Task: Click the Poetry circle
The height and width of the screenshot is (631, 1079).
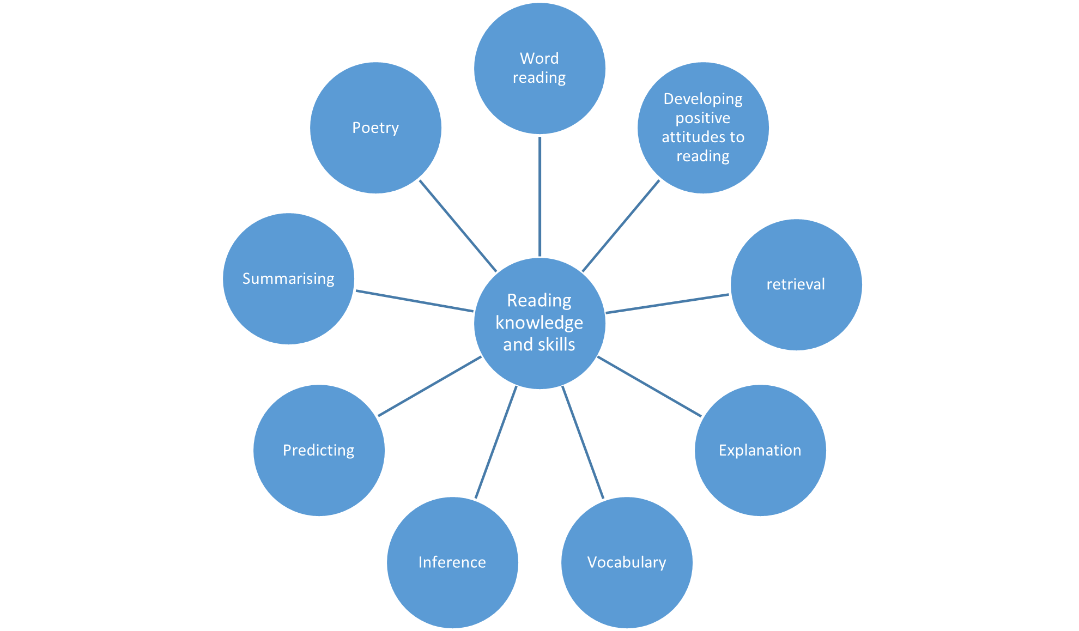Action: [x=375, y=128]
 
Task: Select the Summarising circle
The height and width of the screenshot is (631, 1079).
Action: [x=288, y=278]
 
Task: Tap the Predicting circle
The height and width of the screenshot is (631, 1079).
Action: [x=319, y=450]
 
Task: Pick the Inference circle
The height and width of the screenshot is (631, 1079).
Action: [x=452, y=562]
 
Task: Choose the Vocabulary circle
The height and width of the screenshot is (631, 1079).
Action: [x=627, y=562]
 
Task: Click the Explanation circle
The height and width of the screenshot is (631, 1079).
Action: [x=760, y=450]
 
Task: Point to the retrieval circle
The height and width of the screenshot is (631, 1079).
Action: [x=796, y=284]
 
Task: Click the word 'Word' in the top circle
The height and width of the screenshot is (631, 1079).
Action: [x=539, y=58]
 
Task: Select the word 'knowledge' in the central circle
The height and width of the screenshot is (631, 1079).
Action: [x=539, y=323]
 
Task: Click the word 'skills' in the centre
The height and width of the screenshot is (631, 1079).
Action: [x=556, y=344]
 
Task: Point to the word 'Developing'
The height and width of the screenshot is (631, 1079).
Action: [x=703, y=99]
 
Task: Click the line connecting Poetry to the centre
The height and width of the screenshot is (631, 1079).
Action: [x=458, y=226]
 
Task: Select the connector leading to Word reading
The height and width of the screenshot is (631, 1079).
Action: [x=539, y=196]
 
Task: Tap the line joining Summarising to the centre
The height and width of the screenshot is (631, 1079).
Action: [x=414, y=301]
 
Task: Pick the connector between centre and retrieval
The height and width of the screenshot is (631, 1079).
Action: [x=668, y=304]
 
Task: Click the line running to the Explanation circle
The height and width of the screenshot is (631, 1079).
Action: [x=648, y=386]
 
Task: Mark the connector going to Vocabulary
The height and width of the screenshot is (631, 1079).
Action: [x=583, y=442]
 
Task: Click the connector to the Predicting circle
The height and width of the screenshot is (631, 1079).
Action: [x=429, y=387]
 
